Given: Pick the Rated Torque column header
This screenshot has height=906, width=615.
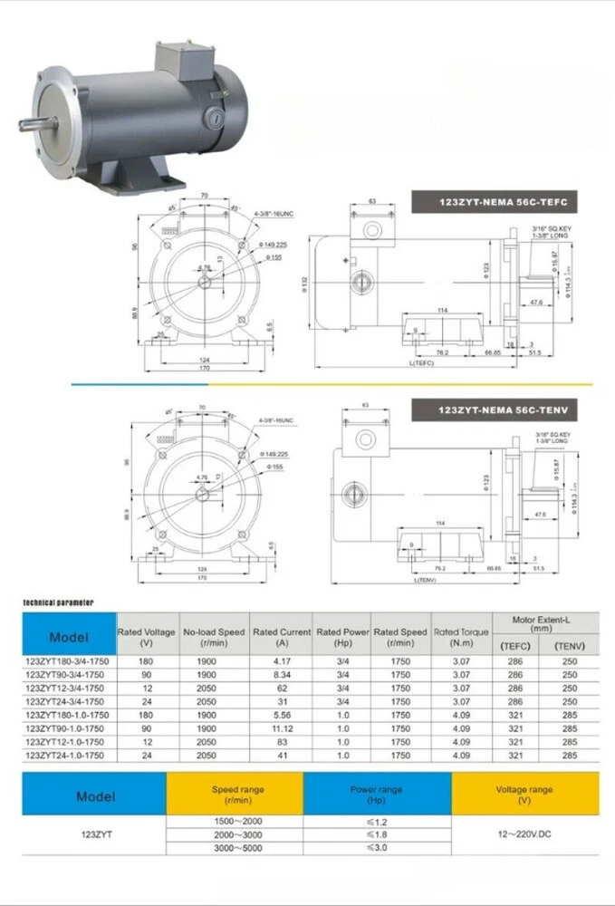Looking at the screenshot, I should click(x=461, y=637).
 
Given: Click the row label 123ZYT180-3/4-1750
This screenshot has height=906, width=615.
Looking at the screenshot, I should click(x=68, y=661).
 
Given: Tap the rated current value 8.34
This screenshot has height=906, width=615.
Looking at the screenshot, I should click(x=281, y=674).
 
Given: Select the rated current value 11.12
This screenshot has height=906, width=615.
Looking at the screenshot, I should click(x=281, y=728).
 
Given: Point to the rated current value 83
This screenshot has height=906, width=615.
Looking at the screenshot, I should click(x=281, y=740).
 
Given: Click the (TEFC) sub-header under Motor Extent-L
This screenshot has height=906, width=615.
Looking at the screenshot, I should click(x=515, y=645).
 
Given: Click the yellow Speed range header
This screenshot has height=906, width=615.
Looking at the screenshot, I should click(x=237, y=795).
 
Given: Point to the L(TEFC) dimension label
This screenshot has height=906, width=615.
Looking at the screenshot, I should click(x=423, y=362).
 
